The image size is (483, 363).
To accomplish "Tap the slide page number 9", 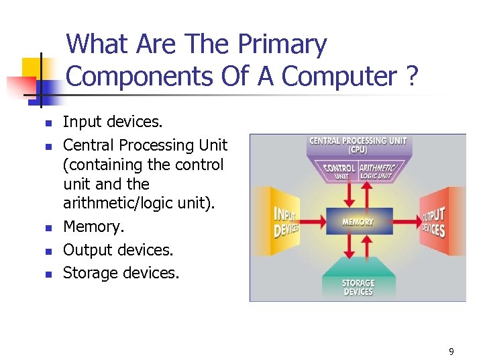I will point(451,351).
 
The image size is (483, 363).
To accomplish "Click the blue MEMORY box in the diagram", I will point(358,221).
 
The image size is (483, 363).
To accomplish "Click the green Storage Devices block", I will point(358,286).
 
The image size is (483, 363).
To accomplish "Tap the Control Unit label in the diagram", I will point(339,171).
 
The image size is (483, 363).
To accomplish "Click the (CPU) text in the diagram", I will point(358,151).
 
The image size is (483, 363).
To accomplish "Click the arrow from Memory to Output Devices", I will point(405,221).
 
